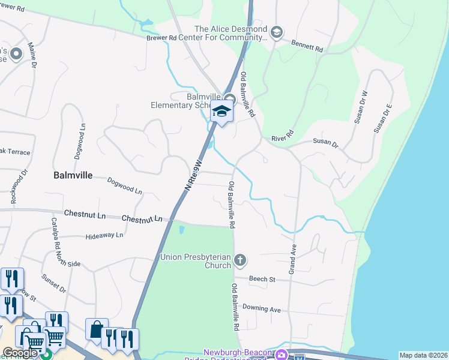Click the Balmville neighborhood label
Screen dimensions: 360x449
[x=73, y=176]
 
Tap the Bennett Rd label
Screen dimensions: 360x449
[x=307, y=46]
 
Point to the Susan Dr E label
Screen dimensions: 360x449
[x=382, y=118]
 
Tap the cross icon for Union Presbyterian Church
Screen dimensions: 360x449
[x=240, y=260]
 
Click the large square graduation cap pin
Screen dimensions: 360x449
[x=221, y=111]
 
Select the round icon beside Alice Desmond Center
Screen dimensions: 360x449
[x=276, y=32]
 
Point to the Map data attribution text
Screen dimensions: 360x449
[x=423, y=355]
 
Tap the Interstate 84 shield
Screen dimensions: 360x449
[x=299, y=357]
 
